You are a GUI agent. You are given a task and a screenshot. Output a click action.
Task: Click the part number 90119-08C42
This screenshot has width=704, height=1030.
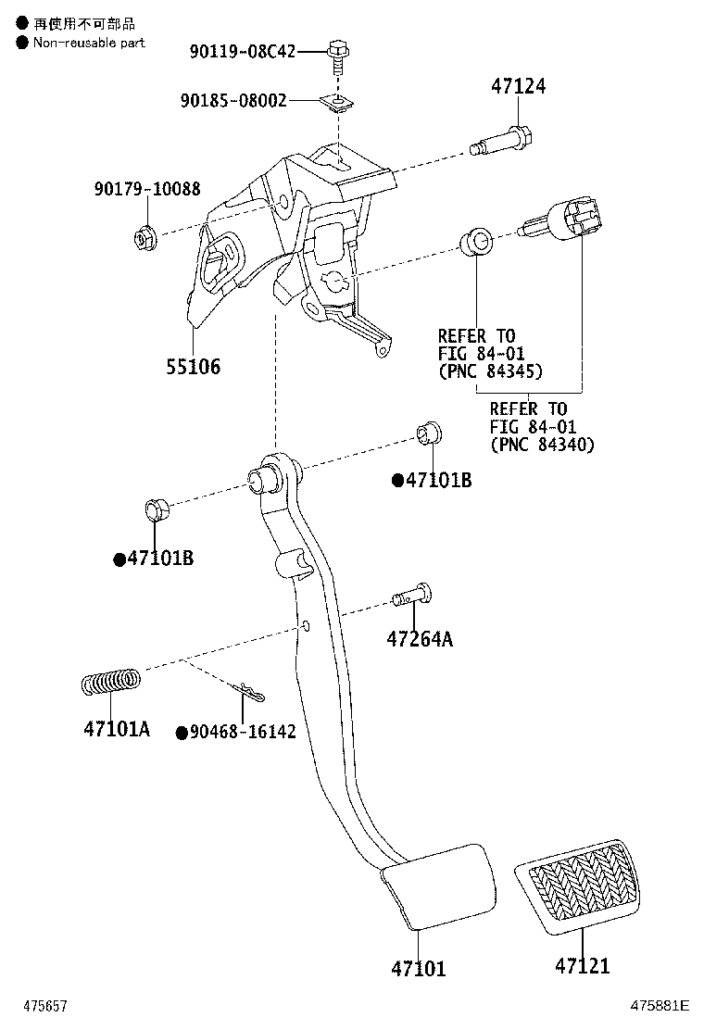pyautogui.click(x=242, y=52)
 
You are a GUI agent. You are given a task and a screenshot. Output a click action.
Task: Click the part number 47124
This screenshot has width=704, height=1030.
pyautogui.click(x=518, y=87)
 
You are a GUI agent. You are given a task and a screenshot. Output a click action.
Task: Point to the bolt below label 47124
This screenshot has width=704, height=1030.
pyautogui.click(x=505, y=142)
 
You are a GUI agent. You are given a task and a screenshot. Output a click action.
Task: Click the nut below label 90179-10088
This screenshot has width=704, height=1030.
pyautogui.click(x=145, y=238)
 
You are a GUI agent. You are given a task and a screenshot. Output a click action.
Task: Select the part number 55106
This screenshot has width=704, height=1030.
pyautogui.click(x=193, y=367)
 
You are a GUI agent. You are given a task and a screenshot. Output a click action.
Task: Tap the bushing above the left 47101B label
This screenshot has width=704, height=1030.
pyautogui.click(x=156, y=509)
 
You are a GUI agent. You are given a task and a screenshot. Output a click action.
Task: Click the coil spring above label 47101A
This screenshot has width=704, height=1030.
pyautogui.click(x=110, y=683)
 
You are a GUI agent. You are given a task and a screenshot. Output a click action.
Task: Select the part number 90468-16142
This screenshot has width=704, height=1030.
pyautogui.click(x=242, y=732)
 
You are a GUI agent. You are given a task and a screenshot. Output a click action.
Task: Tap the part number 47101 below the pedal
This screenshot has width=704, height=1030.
pyautogui.click(x=418, y=969)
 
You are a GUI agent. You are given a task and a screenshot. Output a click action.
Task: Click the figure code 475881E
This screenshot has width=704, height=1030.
pyautogui.click(x=660, y=1005)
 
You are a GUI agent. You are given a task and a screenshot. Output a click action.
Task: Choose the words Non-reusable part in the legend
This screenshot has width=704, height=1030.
pyautogui.click(x=89, y=43)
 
